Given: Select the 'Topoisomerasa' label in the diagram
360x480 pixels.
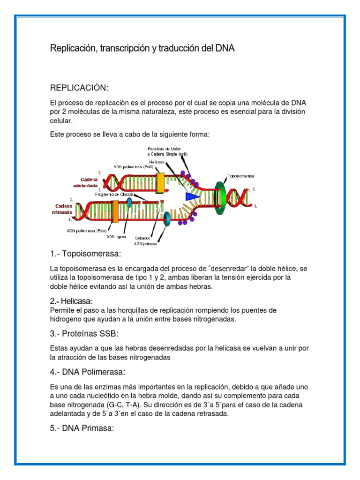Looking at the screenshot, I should [x=241, y=176].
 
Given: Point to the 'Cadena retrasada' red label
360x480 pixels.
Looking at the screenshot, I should [x=62, y=209].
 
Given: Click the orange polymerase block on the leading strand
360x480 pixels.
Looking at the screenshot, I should [x=160, y=183].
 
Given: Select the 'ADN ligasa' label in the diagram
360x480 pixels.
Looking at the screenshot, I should [x=117, y=237].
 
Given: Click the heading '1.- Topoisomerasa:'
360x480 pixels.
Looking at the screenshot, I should [x=85, y=254].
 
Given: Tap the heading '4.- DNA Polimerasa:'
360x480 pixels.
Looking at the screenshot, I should [x=87, y=372].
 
